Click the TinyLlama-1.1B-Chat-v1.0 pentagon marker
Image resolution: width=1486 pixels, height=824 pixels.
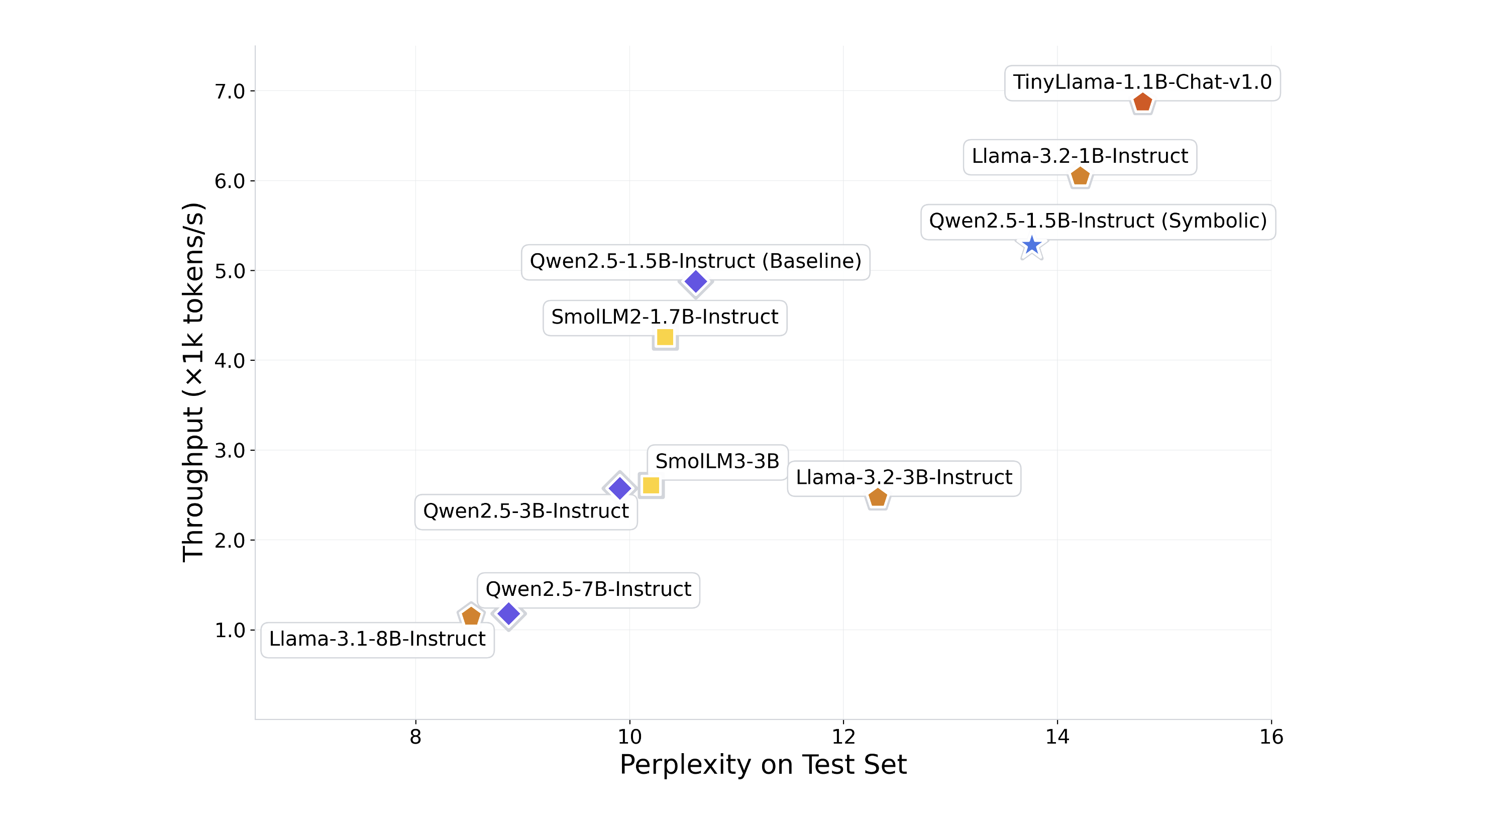click(1142, 102)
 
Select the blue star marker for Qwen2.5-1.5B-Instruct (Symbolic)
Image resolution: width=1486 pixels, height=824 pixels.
click(1031, 246)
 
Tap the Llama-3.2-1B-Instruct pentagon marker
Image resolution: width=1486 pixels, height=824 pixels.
click(1080, 176)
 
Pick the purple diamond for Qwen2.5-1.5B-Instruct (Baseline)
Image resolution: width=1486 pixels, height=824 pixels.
click(696, 281)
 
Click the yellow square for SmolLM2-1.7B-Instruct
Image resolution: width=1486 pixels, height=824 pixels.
click(665, 337)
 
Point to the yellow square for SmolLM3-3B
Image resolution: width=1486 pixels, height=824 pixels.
click(651, 485)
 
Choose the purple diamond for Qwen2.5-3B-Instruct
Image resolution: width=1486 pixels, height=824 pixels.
click(619, 488)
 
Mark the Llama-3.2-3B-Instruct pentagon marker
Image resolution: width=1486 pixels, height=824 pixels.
click(878, 497)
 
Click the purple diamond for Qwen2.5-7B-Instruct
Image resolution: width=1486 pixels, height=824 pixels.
click(509, 613)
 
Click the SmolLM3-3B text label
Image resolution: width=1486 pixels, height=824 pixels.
click(717, 462)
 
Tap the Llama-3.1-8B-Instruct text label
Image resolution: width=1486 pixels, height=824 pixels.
click(377, 639)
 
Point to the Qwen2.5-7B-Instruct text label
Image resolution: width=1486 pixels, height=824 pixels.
click(588, 589)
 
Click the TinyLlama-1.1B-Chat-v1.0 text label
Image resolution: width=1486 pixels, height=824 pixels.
click(1142, 82)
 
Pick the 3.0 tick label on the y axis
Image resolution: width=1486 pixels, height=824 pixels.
click(230, 451)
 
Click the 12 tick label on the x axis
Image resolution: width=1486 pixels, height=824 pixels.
click(843, 737)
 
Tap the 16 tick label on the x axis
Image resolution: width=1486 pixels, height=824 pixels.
click(1271, 737)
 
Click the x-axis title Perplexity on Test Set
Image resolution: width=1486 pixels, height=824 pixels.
click(763, 765)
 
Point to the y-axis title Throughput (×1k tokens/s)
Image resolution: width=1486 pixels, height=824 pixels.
click(193, 382)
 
